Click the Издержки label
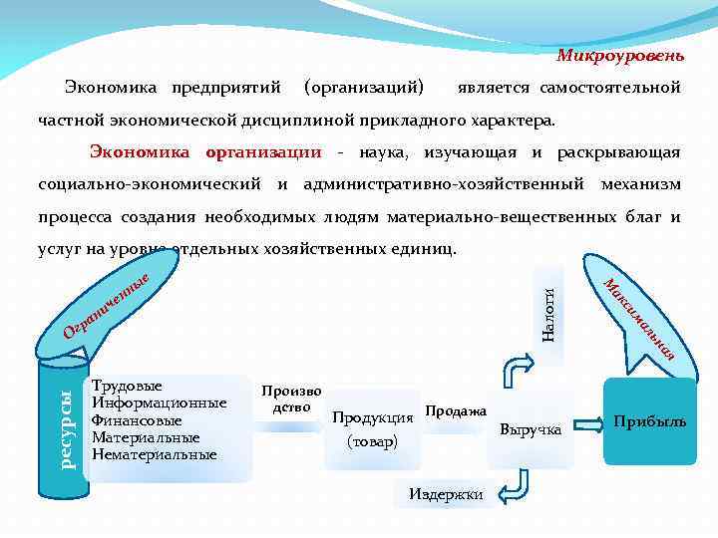coord(446,494)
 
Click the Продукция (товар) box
coord(372,429)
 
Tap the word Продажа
coord(456,410)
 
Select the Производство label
coord(291,399)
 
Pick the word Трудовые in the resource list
coord(127,385)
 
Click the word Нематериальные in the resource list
coord(154,455)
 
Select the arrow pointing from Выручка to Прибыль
coord(589,421)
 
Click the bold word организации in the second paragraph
coord(263,152)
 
